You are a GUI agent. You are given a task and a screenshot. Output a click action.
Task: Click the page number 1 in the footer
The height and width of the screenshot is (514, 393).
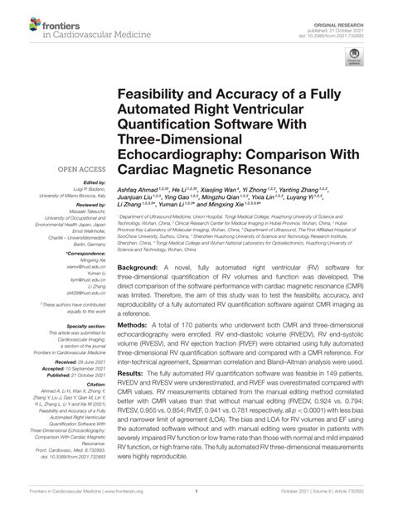point(196,502)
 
